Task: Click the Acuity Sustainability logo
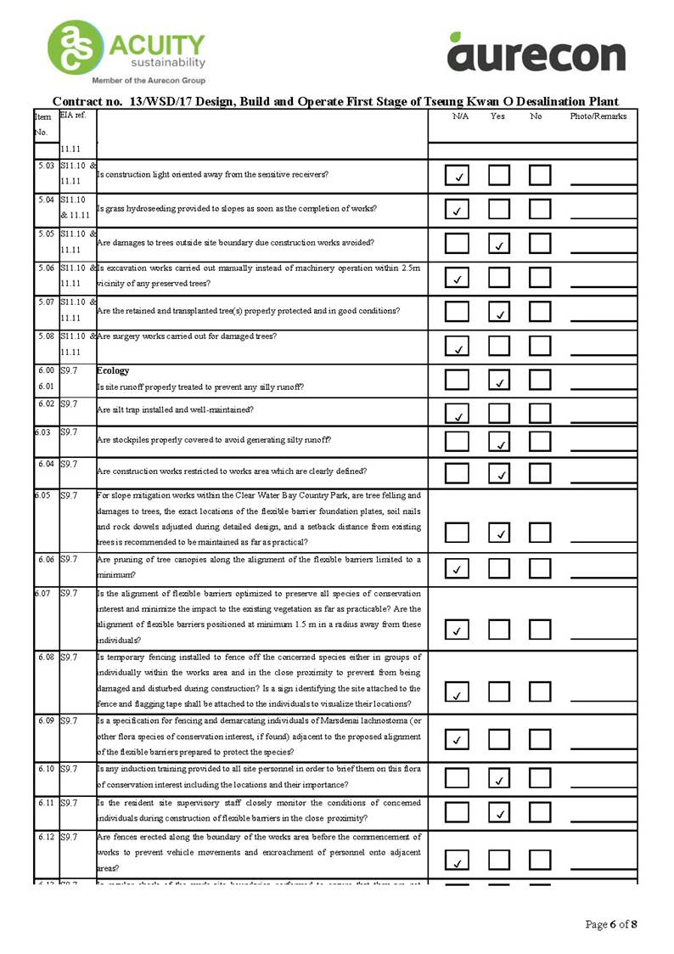[127, 51]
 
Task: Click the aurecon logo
[536, 53]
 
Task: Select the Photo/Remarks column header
[598, 116]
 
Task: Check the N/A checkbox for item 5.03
[458, 176]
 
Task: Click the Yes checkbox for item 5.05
[499, 244]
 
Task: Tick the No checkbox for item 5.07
[540, 312]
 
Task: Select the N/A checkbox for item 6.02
[458, 413]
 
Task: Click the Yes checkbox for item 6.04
[499, 471]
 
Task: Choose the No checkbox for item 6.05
[540, 533]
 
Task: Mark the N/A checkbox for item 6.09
[458, 738]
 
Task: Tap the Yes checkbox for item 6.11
[499, 812]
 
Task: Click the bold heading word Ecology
[113, 371]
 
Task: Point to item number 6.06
[47, 560]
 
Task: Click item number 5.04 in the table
[47, 199]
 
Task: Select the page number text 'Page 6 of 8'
[611, 924]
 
